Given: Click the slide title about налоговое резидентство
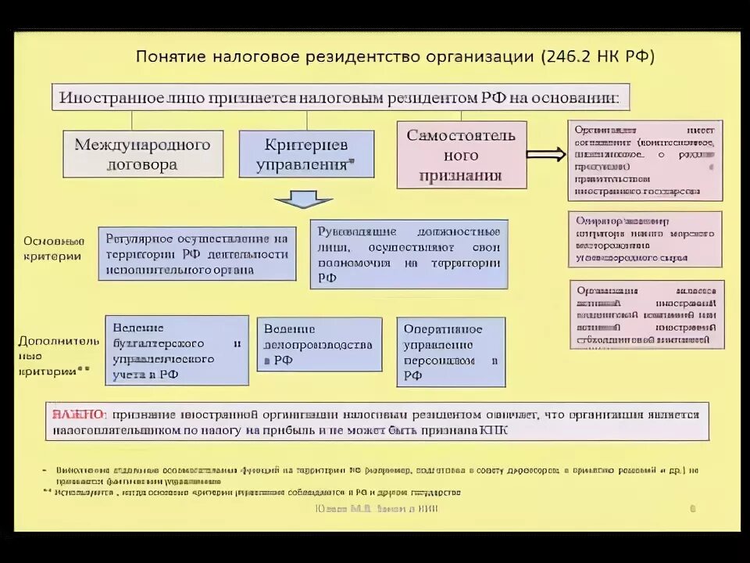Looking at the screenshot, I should (x=395, y=57).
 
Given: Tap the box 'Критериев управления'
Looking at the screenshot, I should (x=305, y=154).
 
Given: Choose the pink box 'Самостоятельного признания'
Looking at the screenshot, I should (x=461, y=156).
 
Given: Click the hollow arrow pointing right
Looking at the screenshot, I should (x=546, y=154).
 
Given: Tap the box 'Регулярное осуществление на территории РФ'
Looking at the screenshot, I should (x=197, y=253).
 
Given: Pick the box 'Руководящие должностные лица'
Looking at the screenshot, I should (x=409, y=255).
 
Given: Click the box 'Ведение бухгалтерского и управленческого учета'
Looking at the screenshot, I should (x=177, y=350).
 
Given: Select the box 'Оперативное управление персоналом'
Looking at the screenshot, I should (x=451, y=352).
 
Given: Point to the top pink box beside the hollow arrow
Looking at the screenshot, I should (x=645, y=160).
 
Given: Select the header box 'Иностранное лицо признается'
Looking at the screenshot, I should (x=340, y=99).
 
